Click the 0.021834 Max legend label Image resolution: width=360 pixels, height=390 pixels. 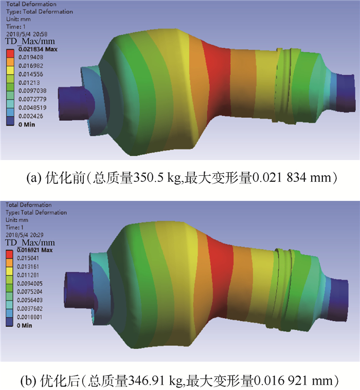coord(38,49)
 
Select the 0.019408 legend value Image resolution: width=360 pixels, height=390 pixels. coord(31,58)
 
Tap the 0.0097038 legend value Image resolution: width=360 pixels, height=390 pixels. coord(32,91)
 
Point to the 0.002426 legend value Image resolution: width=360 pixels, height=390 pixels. coord(31,116)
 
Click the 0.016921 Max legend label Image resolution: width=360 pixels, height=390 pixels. coord(34,250)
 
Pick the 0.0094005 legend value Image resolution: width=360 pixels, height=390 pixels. coord(30,284)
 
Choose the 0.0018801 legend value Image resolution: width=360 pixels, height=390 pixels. coord(30,317)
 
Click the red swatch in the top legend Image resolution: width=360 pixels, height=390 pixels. coord(10,53)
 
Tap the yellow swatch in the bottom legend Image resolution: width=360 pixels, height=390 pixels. coord(9,271)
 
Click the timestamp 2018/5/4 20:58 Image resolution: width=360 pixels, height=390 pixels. coord(27,34)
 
